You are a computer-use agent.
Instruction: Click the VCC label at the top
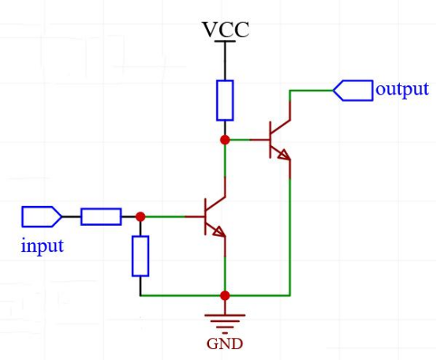pyautogui.click(x=226, y=29)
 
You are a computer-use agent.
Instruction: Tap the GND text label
pyautogui.click(x=225, y=344)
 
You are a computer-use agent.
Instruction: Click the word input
pyautogui.click(x=43, y=246)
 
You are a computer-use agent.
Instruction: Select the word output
pyautogui.click(x=402, y=90)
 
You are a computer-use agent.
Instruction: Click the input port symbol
pyautogui.click(x=42, y=216)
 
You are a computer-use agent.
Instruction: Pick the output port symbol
pyautogui.click(x=353, y=90)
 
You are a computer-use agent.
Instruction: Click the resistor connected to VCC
pyautogui.click(x=225, y=100)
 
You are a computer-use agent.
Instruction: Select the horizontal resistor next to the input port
pyautogui.click(x=101, y=216)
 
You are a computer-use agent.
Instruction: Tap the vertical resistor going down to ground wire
pyautogui.click(x=140, y=256)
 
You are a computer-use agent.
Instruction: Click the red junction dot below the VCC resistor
pyautogui.click(x=225, y=140)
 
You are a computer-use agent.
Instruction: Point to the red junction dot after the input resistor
pyautogui.click(x=140, y=216)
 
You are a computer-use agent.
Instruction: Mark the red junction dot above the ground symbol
pyautogui.click(x=225, y=295)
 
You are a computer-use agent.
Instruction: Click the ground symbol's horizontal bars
pyautogui.click(x=225, y=324)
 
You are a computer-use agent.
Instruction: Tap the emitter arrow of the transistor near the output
pyautogui.click(x=284, y=155)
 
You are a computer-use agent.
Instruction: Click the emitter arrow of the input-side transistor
pyautogui.click(x=218, y=231)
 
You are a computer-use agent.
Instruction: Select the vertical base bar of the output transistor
pyautogui.click(x=270, y=140)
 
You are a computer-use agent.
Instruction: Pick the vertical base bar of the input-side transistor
pyautogui.click(x=205, y=216)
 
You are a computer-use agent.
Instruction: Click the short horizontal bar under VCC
pyautogui.click(x=225, y=41)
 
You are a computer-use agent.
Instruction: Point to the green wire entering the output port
pyautogui.click(x=312, y=90)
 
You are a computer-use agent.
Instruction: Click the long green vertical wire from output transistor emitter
pyautogui.click(x=290, y=237)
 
